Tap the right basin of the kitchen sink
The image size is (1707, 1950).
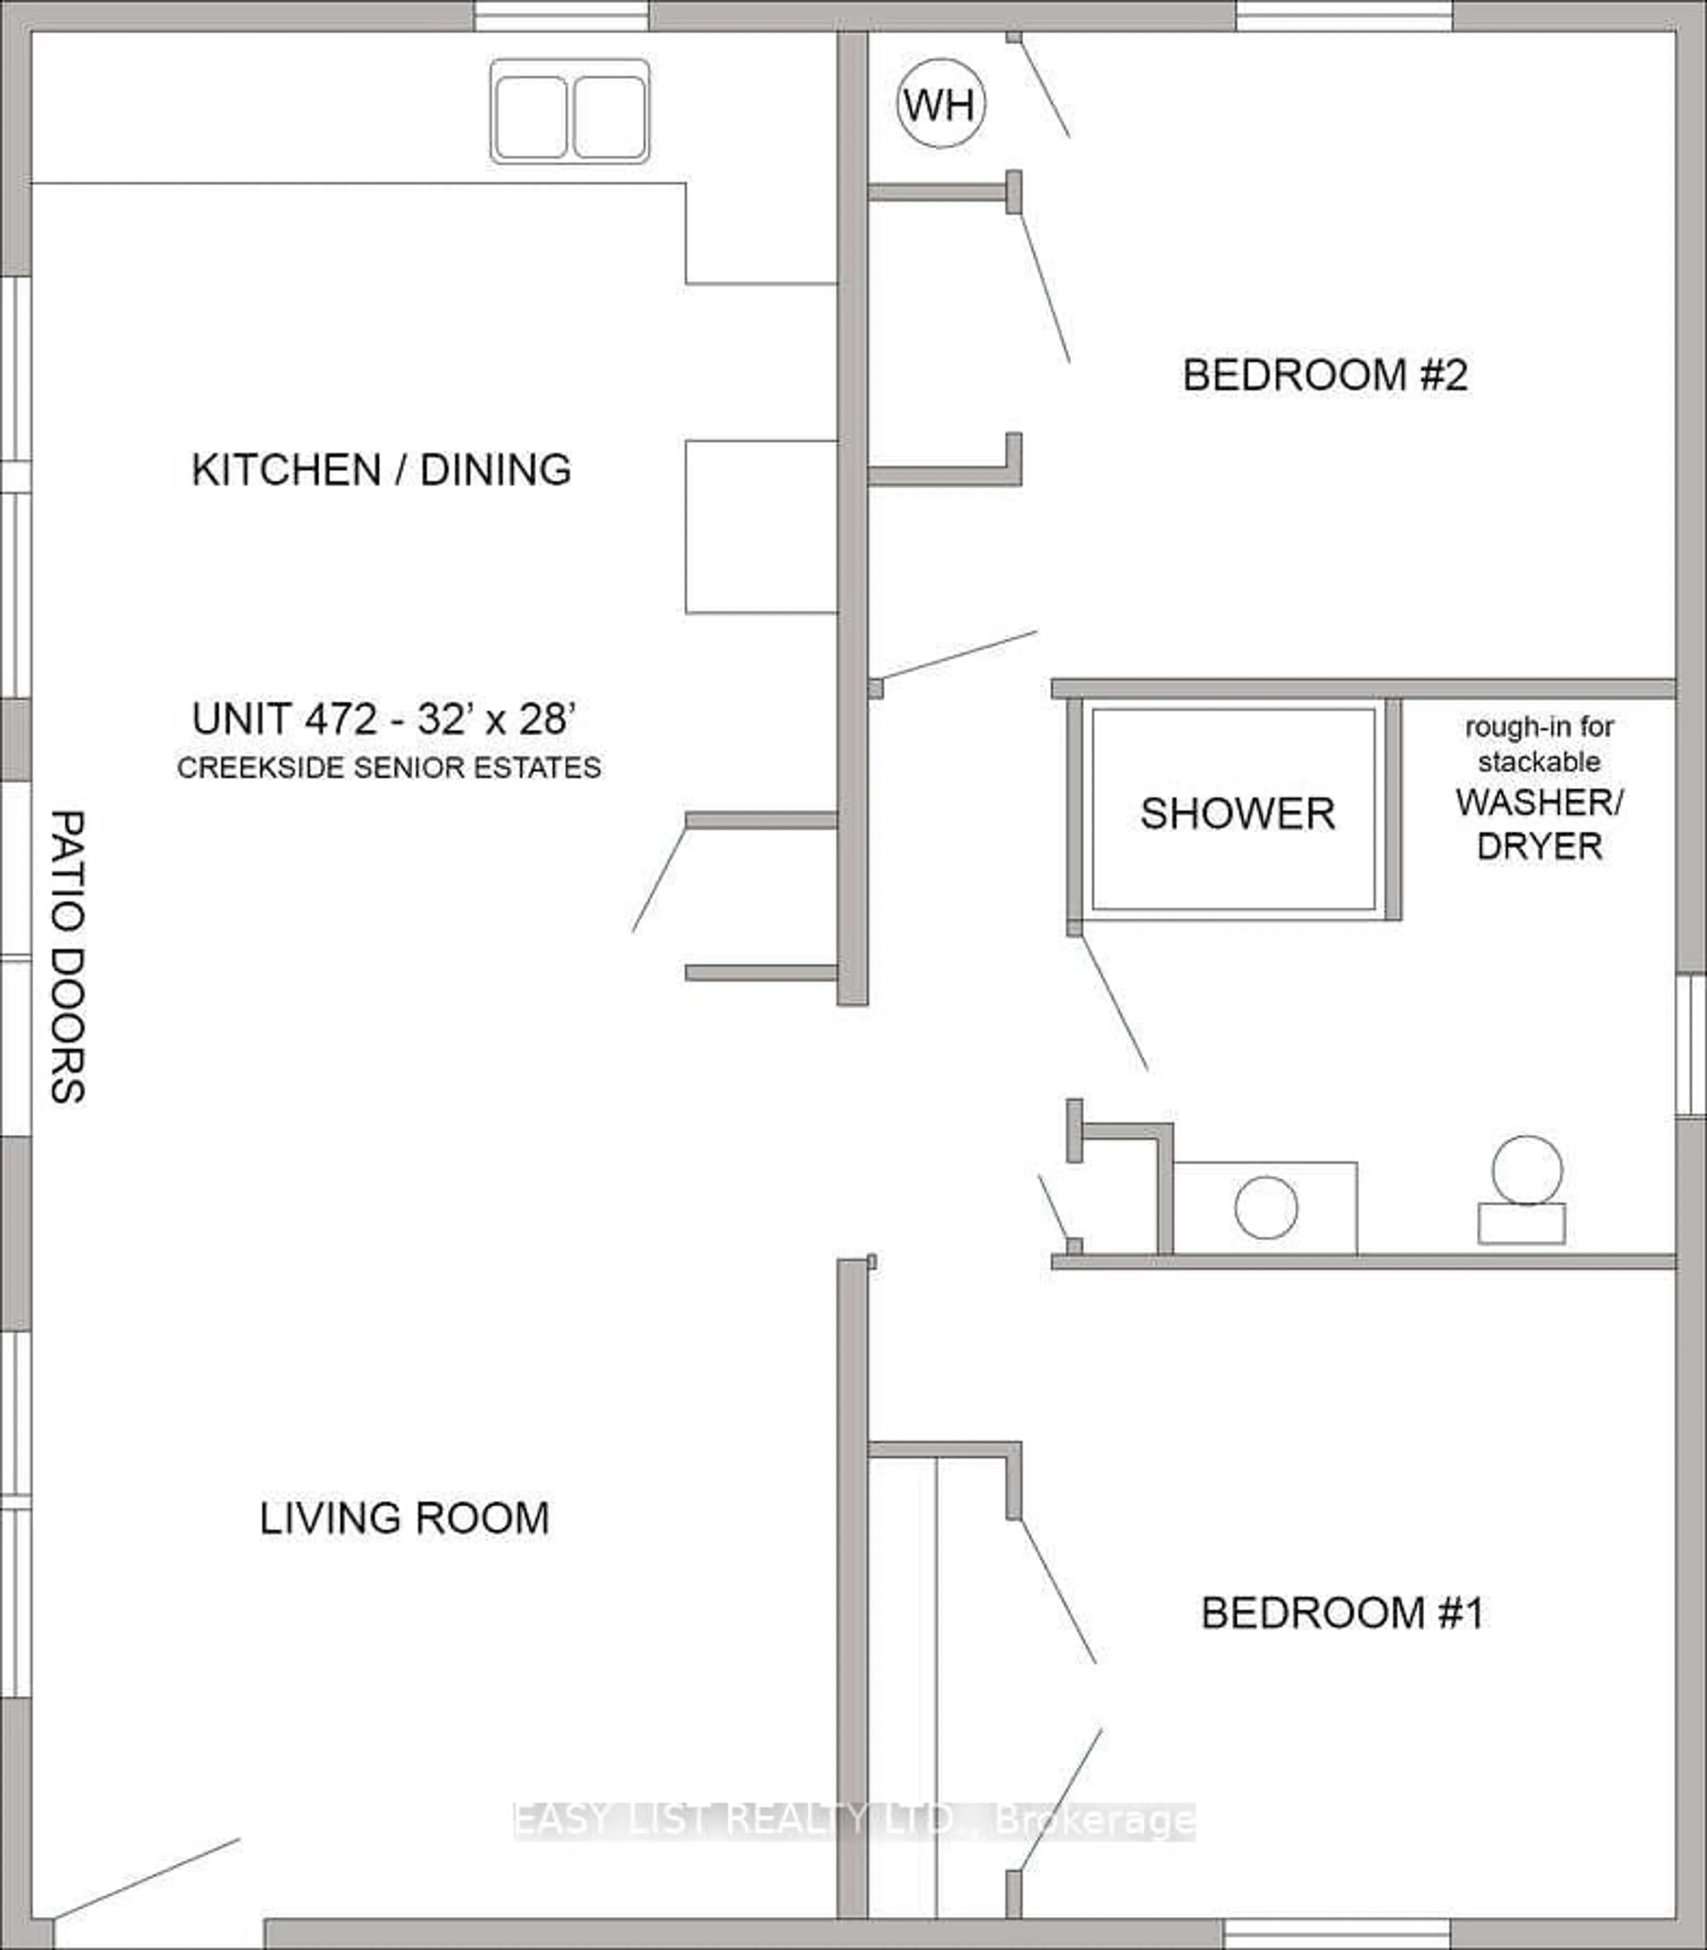(609, 116)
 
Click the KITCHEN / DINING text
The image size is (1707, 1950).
(381, 469)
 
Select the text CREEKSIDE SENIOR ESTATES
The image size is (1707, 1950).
(389, 768)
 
